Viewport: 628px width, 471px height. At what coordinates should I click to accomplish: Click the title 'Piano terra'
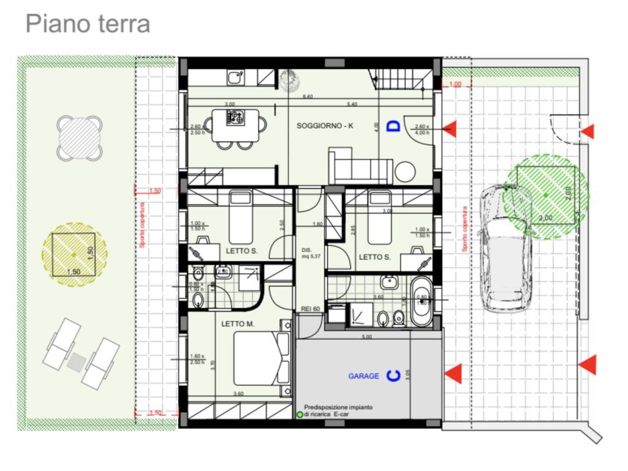point(88,24)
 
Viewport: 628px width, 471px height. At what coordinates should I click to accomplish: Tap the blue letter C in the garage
point(393,375)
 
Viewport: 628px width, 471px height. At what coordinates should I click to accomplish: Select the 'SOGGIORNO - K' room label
point(325,126)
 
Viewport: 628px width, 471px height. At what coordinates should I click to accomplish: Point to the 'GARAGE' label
point(364,376)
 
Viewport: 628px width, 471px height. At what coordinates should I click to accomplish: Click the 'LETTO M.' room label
point(237,324)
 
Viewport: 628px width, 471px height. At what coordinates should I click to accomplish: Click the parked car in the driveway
point(505,248)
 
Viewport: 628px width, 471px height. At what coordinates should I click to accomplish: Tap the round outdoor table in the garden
point(79,138)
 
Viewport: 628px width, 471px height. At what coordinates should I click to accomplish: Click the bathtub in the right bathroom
point(421,301)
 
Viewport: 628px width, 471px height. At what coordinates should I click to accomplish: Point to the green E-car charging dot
point(300,415)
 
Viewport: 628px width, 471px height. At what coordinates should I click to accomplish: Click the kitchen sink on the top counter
point(235,78)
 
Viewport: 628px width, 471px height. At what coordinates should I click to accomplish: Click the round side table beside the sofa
point(405,171)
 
